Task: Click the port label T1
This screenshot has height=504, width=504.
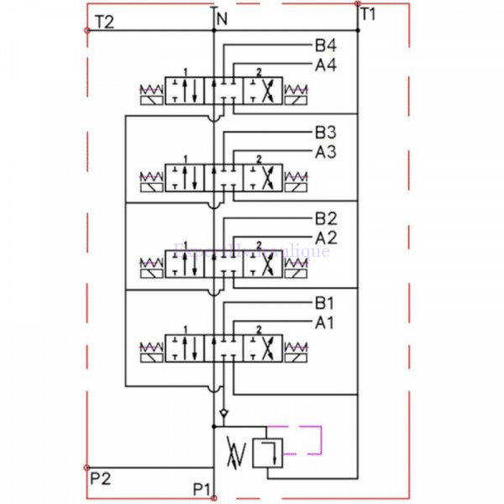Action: click(369, 14)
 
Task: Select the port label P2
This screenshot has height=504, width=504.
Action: click(100, 478)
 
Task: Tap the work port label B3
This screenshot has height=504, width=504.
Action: click(325, 132)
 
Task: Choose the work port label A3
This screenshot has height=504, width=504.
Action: click(325, 151)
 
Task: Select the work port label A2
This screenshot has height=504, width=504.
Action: click(325, 238)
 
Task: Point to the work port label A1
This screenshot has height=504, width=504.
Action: click(325, 322)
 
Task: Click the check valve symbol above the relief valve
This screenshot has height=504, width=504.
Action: click(223, 415)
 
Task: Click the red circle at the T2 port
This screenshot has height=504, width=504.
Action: click(87, 30)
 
